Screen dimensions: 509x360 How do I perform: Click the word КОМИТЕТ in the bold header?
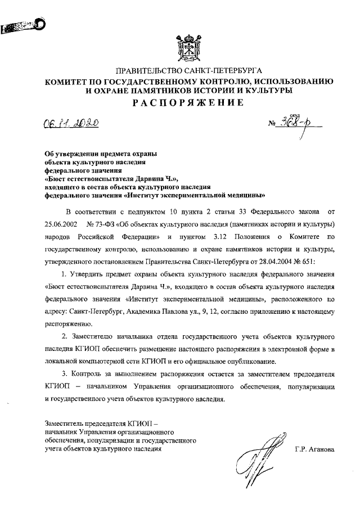68,82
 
